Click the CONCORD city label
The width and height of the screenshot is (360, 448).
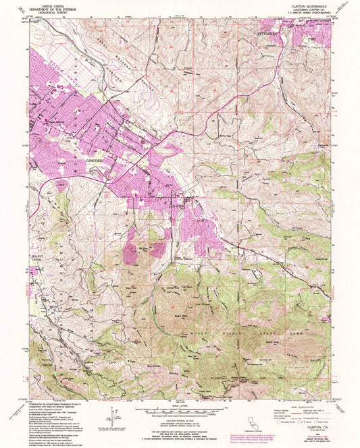pyautogui.click(x=96, y=161)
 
